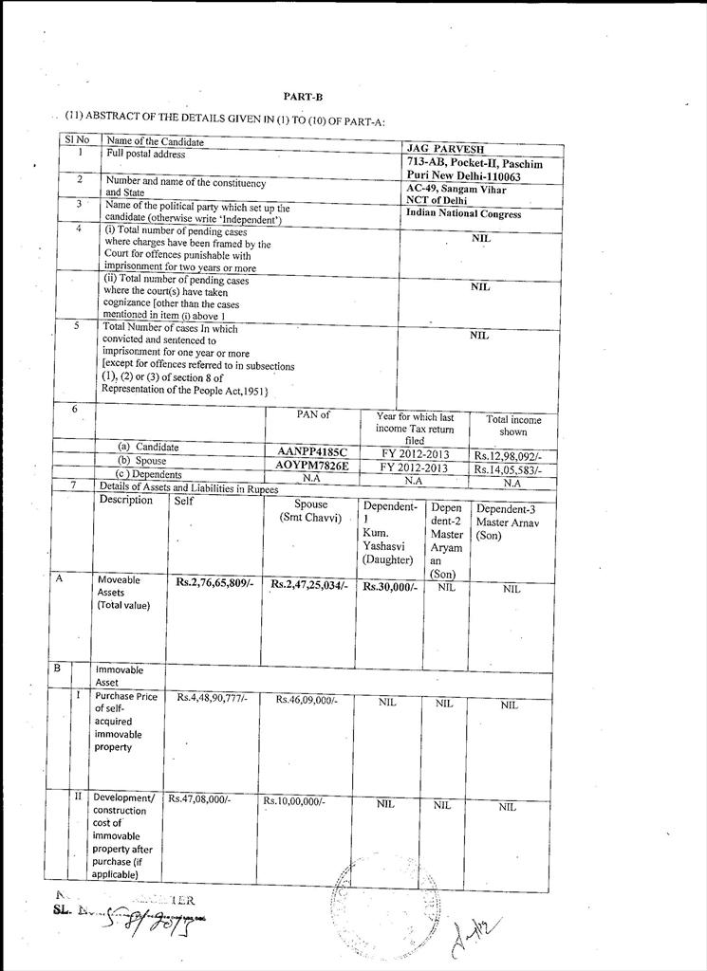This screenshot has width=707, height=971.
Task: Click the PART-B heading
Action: click(297, 96)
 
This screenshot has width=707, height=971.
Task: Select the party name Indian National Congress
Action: click(463, 214)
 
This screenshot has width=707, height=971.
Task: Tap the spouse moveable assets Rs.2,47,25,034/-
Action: click(309, 585)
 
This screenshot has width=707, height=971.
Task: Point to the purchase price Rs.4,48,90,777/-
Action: click(212, 698)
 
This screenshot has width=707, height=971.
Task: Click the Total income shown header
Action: click(513, 425)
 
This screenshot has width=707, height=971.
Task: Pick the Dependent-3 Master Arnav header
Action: click(511, 522)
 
